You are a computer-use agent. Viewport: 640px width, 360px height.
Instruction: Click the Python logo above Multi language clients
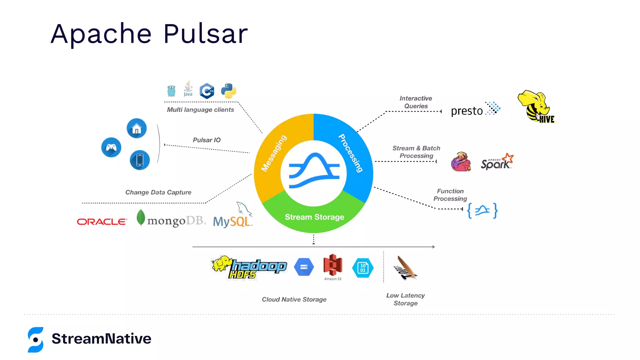click(x=228, y=91)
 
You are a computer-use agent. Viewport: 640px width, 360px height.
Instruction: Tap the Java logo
click(x=188, y=89)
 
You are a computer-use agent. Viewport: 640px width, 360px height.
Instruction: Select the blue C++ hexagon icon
click(x=207, y=91)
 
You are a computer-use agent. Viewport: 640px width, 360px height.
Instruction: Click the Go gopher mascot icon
click(x=171, y=91)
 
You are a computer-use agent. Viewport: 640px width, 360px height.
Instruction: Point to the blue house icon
click(x=137, y=128)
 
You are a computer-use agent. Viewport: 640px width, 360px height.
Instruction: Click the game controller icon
click(x=111, y=147)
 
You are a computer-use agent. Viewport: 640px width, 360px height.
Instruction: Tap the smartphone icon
click(x=140, y=160)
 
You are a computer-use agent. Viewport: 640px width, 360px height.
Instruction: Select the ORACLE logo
click(x=102, y=222)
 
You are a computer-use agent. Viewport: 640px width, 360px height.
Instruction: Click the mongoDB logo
click(x=171, y=219)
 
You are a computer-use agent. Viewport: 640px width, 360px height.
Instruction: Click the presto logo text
click(x=467, y=111)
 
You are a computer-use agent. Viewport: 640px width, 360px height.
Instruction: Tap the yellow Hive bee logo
click(x=536, y=107)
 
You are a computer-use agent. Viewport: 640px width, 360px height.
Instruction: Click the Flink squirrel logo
click(x=461, y=162)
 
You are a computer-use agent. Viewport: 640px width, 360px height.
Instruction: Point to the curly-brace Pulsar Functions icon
click(x=482, y=211)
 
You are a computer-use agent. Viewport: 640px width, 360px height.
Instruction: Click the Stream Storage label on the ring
click(x=314, y=217)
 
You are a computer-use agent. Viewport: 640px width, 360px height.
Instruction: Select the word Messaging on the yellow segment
click(x=274, y=153)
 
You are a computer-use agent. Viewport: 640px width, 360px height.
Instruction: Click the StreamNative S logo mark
click(x=36, y=340)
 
